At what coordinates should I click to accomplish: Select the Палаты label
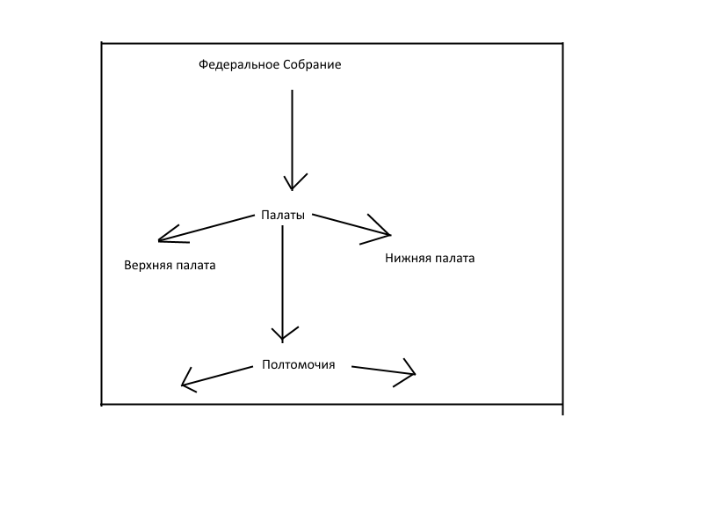click(283, 215)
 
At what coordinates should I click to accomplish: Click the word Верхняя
click(149, 265)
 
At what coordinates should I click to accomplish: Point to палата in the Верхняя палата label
click(196, 265)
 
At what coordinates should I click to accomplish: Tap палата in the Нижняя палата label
click(454, 259)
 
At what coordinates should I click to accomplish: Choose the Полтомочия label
click(298, 365)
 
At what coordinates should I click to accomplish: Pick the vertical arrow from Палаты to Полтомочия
click(282, 282)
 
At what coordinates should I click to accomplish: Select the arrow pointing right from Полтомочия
click(383, 370)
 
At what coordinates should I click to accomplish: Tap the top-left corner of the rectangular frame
click(103, 43)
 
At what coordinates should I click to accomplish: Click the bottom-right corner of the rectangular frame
click(562, 405)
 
